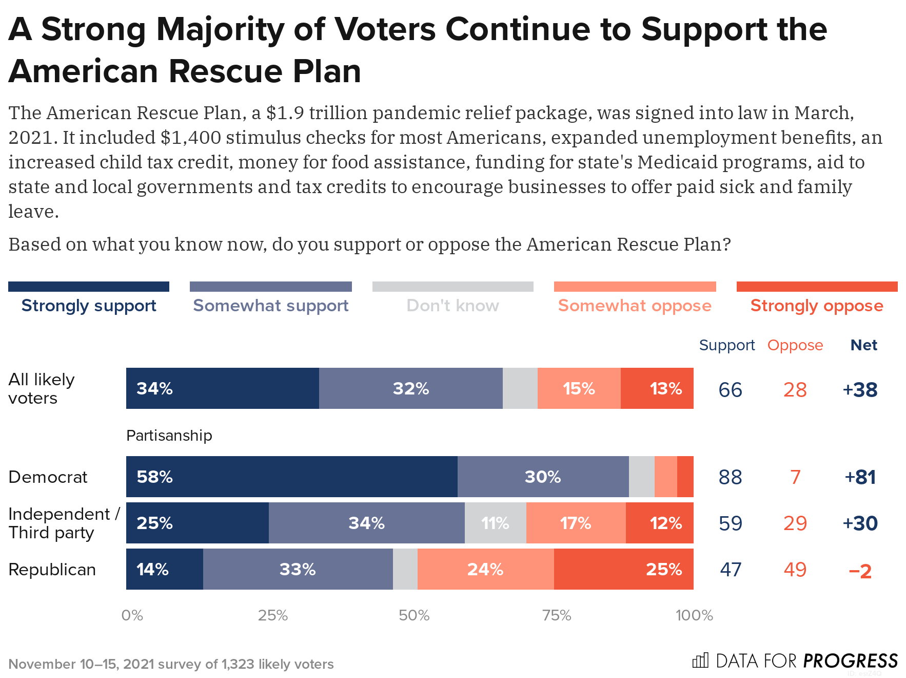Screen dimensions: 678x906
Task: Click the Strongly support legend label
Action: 89,306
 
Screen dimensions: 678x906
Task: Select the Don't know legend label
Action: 452,306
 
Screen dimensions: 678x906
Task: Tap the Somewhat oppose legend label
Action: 635,306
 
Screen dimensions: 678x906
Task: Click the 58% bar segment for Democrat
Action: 291,477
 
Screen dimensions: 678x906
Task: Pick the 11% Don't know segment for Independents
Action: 495,523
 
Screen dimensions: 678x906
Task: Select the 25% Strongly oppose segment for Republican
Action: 623,569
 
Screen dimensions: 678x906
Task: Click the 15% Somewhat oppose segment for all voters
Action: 579,388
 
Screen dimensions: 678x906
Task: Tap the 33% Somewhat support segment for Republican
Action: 298,569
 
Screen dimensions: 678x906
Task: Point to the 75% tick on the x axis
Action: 557,615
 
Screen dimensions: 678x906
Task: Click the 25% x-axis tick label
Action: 272,615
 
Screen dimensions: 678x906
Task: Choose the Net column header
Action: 863,345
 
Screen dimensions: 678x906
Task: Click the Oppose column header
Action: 795,345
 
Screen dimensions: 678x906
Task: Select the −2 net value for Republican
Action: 860,571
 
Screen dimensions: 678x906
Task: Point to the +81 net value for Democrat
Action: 860,477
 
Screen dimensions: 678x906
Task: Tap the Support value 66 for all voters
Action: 730,390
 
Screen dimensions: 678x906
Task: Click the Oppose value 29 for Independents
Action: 795,523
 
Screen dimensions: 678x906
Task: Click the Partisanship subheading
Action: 169,436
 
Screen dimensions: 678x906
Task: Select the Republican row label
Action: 52,570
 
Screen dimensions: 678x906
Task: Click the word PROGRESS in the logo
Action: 850,661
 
